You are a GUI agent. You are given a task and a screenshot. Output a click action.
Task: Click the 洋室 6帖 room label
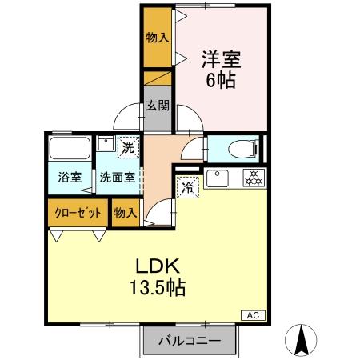pyautogui.click(x=222, y=69)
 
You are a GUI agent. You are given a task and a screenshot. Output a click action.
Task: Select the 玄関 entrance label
pyautogui.click(x=158, y=104)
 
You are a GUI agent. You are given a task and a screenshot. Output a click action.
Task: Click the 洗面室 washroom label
pyautogui.click(x=117, y=178)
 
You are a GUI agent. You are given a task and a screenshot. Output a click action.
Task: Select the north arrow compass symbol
pyautogui.click(x=303, y=339)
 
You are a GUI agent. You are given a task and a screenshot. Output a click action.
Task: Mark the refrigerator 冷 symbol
pyautogui.click(x=186, y=187)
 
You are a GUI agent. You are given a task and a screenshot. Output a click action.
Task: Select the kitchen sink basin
pyautogui.click(x=218, y=178)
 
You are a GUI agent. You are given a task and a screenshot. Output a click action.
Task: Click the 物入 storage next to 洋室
pyautogui.click(x=157, y=38)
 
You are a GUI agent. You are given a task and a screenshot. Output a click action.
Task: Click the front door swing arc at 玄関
pyautogui.click(x=128, y=118)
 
